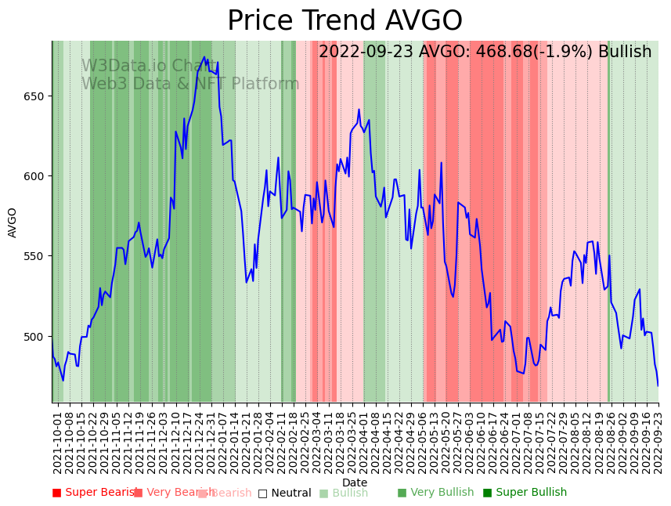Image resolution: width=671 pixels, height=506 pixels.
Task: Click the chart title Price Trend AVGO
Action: tap(345, 21)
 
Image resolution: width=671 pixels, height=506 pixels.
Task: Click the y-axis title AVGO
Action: tap(13, 222)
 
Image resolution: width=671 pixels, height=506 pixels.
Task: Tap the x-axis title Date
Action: tap(355, 483)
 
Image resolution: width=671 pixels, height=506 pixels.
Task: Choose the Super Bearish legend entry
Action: tap(95, 493)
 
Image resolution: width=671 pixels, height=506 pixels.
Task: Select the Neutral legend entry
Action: tap(285, 493)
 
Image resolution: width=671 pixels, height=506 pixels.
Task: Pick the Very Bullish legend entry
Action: tap(435, 493)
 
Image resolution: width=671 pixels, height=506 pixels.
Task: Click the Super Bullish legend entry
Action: tap(525, 493)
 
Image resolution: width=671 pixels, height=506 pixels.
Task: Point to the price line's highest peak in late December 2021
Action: tap(204, 57)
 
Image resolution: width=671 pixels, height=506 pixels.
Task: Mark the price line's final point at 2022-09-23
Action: tap(658, 385)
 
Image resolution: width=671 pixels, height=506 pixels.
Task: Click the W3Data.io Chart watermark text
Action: tap(149, 66)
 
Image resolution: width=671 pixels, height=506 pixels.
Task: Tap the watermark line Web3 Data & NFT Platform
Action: tap(190, 84)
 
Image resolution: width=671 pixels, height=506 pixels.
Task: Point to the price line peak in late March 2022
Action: tap(359, 110)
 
